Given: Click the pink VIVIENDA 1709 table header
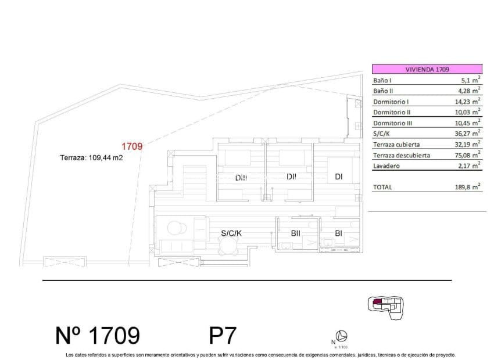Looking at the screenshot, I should pos(427,69).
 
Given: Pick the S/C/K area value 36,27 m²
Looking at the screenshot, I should pos(466,134).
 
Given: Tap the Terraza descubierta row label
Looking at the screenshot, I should pos(402,155).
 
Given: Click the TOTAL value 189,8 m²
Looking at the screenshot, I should pos(466,188).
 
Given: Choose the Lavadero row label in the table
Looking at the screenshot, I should pos(386,166).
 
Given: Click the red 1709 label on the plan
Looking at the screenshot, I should pos(131,146).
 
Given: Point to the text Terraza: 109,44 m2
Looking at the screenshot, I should pos(92,157).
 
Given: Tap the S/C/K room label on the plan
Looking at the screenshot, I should pos(231,233).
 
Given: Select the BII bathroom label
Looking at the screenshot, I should pos(296,233).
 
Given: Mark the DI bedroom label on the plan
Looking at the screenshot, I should pos(338,177).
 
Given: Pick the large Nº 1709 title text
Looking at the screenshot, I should pos(98,336).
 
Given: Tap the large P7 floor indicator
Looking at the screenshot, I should pos(222,336).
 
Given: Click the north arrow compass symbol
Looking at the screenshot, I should pos(343,336).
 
